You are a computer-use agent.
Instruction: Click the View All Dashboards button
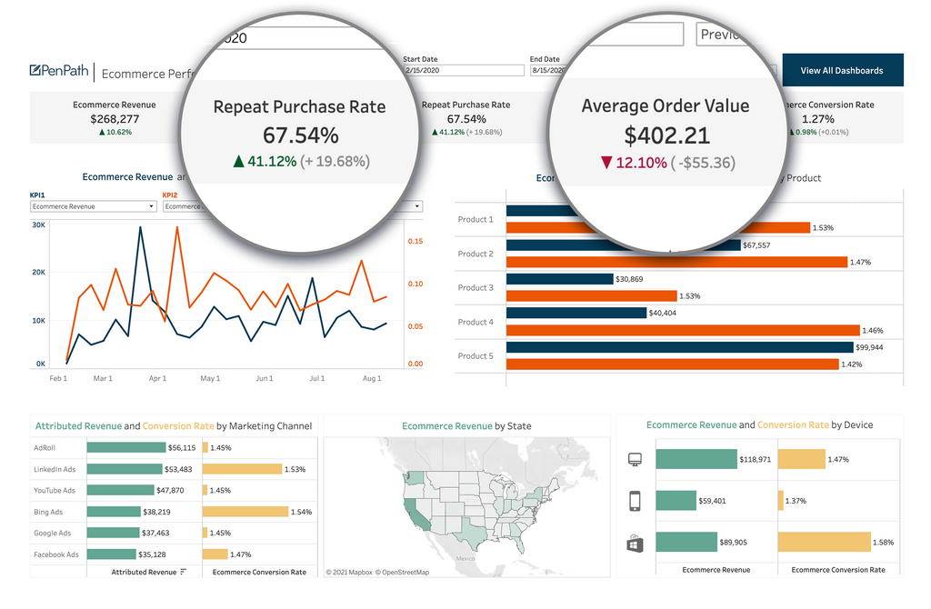841,71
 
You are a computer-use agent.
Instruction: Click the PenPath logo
59,71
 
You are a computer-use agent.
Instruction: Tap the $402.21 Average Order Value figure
666,135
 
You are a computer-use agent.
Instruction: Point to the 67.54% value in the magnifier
300,135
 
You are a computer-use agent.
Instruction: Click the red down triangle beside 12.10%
607,163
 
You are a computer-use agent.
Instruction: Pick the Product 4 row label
476,322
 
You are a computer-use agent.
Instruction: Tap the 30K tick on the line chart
39,225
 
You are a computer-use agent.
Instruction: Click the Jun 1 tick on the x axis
265,378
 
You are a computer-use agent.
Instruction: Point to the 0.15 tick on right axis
415,241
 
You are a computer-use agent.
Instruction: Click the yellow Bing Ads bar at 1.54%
244,512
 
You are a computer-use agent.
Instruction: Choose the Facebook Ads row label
56,554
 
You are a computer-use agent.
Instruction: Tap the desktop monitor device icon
635,460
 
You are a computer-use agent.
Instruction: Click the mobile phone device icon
635,501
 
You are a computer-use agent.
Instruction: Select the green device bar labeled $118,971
696,460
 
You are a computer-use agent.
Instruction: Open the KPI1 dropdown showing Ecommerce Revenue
93,206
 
